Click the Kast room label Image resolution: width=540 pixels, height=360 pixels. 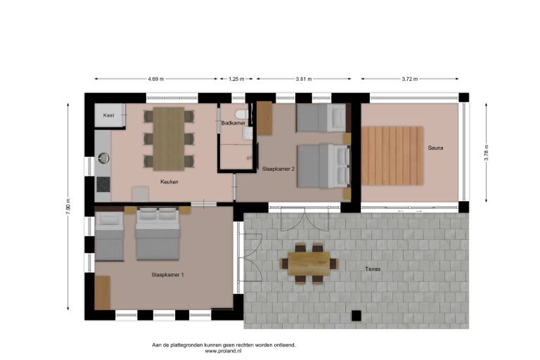108,115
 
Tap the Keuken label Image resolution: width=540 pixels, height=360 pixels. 169,181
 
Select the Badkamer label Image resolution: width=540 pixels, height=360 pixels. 233,123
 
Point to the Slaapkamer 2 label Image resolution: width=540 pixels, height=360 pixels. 278,169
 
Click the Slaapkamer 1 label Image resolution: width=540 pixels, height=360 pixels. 168,275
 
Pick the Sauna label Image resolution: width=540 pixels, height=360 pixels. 435,148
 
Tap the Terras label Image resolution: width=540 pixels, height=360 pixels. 373,269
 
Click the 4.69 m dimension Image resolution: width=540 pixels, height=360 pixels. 156,79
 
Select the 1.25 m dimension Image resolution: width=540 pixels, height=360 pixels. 236,79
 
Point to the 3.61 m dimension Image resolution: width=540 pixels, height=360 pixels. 304,79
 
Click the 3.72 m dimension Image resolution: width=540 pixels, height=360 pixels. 410,79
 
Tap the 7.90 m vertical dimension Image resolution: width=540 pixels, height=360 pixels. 67,206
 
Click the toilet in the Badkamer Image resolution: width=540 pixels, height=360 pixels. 241,113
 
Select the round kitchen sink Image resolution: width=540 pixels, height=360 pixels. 103,158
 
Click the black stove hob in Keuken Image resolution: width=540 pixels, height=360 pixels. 103,184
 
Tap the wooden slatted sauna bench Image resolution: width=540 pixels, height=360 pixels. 392,155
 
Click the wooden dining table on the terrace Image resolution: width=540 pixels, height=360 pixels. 309,264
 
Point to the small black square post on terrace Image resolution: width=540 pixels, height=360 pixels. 356,316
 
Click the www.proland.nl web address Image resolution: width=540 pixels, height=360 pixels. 223,351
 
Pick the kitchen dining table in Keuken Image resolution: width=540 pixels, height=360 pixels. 169,139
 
